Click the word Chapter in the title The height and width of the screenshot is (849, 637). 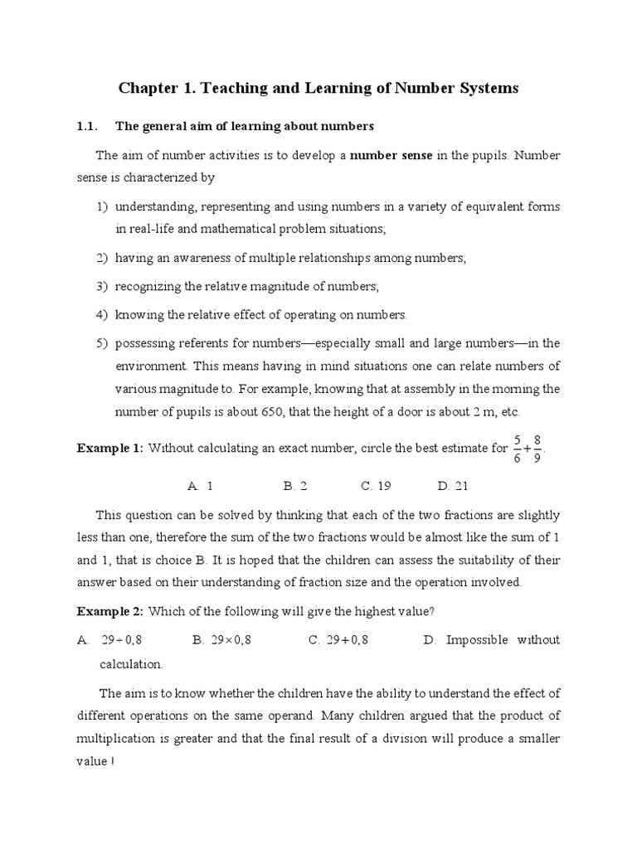[147, 89]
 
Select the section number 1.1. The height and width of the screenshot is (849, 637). [88, 127]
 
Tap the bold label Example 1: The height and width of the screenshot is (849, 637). [110, 449]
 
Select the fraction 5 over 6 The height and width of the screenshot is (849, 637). [518, 449]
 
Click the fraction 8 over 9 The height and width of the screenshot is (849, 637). [538, 449]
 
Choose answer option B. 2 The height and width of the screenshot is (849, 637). [295, 486]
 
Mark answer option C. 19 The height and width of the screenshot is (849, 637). [376, 486]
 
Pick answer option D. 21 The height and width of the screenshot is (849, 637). [453, 486]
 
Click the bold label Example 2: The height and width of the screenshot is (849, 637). [110, 612]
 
